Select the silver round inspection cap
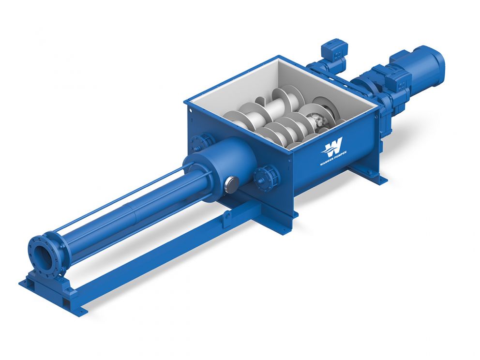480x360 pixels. coord(231,184)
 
